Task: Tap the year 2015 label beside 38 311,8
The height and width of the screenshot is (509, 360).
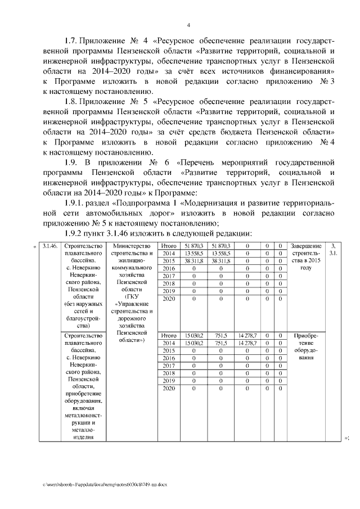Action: tap(168, 261)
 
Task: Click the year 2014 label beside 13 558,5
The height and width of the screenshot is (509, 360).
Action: tap(168, 254)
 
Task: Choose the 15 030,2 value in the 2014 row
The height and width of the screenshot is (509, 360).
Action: tap(193, 343)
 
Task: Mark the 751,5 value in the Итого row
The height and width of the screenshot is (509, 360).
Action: tap(221, 335)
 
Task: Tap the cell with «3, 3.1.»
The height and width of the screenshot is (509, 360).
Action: tap(334, 250)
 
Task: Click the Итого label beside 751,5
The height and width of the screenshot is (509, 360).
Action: tap(168, 335)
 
